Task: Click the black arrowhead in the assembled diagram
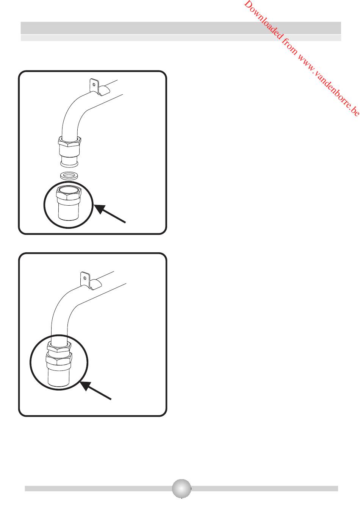coord(86,385)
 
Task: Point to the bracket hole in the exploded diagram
coord(94,84)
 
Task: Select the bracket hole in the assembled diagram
coord(85,278)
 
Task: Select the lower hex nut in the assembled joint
coord(59,360)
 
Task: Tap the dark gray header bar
coord(181,28)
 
